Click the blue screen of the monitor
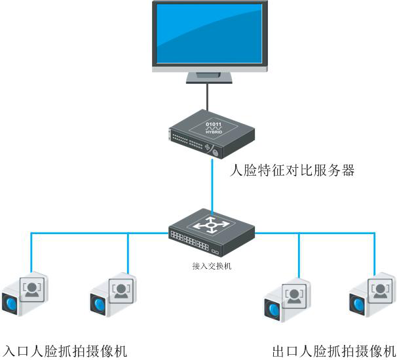pyautogui.click(x=209, y=32)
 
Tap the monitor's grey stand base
pyautogui.click(x=209, y=77)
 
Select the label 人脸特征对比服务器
pyautogui.click(x=293, y=172)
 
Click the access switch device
pyautogui.click(x=211, y=233)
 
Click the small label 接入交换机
pyautogui.click(x=212, y=266)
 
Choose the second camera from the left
pyautogui.click(x=112, y=295)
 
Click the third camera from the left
pyautogui.click(x=285, y=300)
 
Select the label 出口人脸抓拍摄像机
pyautogui.click(x=333, y=350)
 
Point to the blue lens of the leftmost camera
pyautogui.click(x=12, y=303)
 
